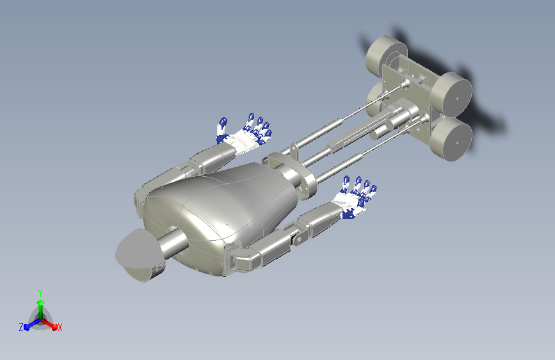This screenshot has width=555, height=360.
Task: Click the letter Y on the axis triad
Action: tap(40, 293)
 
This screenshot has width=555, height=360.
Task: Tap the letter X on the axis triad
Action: tap(60, 327)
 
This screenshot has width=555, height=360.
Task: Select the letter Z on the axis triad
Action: tap(21, 327)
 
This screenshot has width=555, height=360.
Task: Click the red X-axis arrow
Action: tap(49, 324)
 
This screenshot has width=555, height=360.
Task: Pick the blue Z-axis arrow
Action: tap(33, 324)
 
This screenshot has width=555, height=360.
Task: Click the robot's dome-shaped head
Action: tap(139, 254)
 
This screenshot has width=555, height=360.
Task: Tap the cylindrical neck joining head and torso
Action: tap(173, 242)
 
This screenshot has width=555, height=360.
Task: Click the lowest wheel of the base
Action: tap(451, 139)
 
